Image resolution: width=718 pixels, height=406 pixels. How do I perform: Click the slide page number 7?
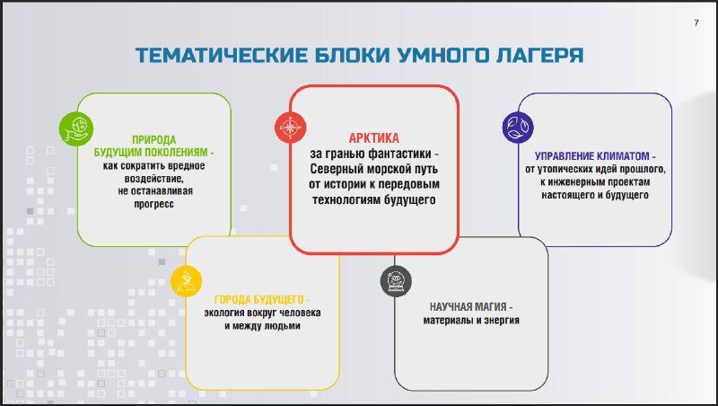pyautogui.click(x=696, y=23)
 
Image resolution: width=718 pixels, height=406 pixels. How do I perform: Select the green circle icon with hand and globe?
pyautogui.click(x=76, y=128)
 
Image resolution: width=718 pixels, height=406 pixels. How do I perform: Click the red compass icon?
pyautogui.click(x=290, y=127)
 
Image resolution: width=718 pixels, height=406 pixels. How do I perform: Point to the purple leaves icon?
pyautogui.click(x=518, y=127)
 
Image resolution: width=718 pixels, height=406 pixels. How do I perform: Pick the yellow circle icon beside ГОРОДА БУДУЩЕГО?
pyautogui.click(x=186, y=281)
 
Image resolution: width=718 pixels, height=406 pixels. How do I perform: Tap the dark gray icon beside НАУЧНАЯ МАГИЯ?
pyautogui.click(x=396, y=281)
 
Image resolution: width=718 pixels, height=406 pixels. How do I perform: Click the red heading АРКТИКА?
pyautogui.click(x=374, y=138)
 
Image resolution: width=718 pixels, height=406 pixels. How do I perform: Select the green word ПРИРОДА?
pyautogui.click(x=153, y=139)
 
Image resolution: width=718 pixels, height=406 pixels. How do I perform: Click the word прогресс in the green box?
pyautogui.click(x=153, y=205)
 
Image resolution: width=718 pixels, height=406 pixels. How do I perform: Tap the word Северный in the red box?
pyautogui.click(x=336, y=169)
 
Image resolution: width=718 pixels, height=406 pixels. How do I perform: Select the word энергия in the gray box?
pyautogui.click(x=501, y=320)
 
